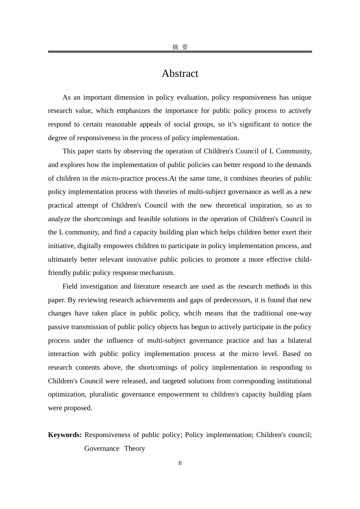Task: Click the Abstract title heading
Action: [180, 73]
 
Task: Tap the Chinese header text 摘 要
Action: [180, 47]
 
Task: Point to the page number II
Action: [180, 463]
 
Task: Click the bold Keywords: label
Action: [65, 435]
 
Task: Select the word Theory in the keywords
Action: [135, 448]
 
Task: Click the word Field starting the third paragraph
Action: [70, 286]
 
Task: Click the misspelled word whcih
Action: [192, 313]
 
